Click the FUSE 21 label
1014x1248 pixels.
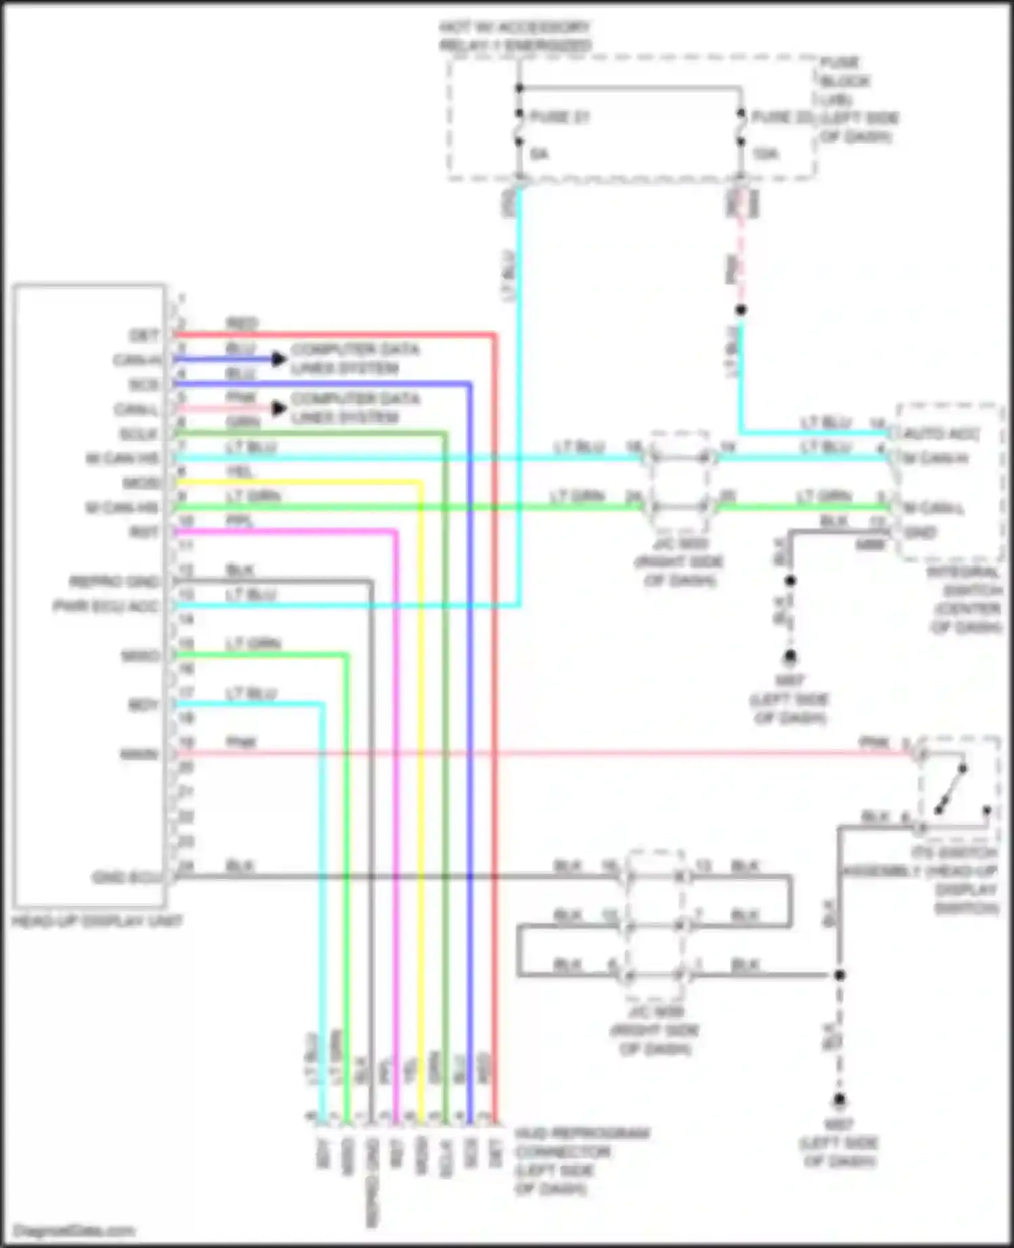(x=559, y=117)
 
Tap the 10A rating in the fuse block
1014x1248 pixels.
(x=765, y=155)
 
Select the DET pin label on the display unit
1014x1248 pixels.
(x=144, y=335)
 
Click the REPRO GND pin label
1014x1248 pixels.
(x=114, y=581)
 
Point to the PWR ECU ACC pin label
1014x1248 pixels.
(x=107, y=606)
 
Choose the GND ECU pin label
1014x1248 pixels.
(x=126, y=878)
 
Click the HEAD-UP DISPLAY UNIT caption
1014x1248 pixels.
(x=97, y=921)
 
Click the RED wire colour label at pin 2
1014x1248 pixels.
(x=241, y=324)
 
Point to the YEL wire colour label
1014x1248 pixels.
(x=240, y=471)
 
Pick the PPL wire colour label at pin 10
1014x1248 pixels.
(x=240, y=521)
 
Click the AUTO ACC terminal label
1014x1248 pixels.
(x=940, y=433)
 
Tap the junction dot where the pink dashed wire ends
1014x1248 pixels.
(x=741, y=310)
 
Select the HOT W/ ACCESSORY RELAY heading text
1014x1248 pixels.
(x=515, y=37)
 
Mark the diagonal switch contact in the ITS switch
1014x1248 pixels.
(x=950, y=790)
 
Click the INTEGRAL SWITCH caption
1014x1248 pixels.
(x=963, y=599)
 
